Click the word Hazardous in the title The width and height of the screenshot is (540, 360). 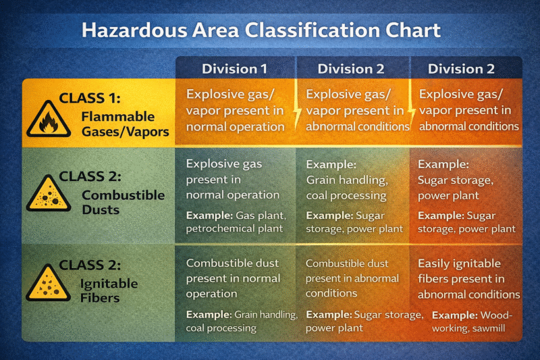[x=133, y=30]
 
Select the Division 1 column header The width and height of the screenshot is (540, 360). [x=234, y=68]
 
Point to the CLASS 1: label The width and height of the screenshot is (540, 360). [x=90, y=99]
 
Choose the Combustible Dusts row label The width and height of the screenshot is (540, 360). [x=122, y=202]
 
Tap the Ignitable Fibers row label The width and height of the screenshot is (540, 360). [x=109, y=290]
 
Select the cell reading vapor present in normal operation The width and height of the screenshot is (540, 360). [x=235, y=109]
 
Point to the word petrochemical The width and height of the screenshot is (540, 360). [x=219, y=228]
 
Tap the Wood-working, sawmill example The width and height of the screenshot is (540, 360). [x=473, y=322]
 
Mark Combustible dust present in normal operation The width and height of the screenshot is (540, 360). [x=233, y=278]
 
